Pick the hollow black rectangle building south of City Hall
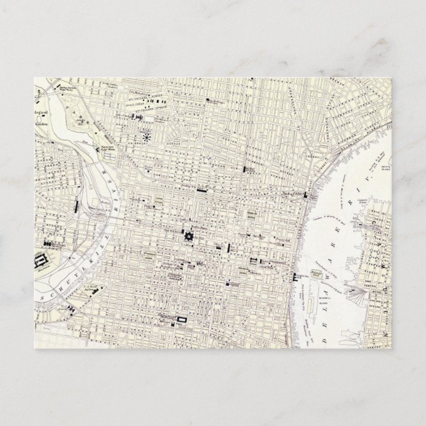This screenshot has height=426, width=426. pyautogui.click(x=182, y=319)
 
